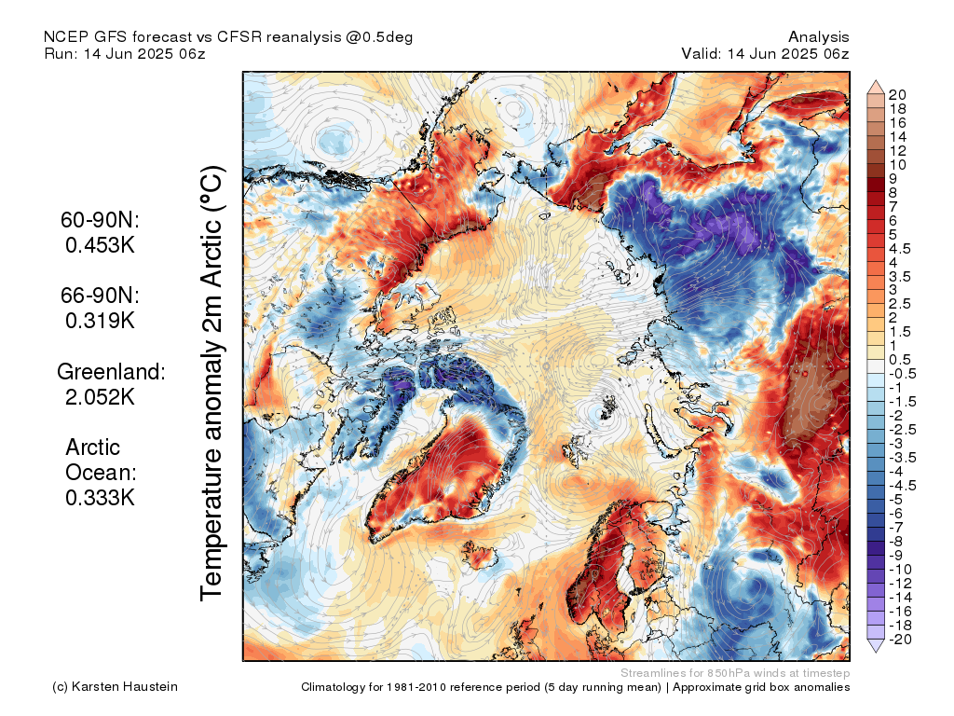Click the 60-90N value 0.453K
coord(100,245)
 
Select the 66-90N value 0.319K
coord(100,321)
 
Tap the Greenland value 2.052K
coord(100,397)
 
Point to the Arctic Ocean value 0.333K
coord(100,498)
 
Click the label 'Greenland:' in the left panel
coord(111,371)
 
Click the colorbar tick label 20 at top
coord(897,95)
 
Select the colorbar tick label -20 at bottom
coord(900,640)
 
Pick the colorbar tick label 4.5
coord(900,249)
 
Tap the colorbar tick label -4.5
coord(902,486)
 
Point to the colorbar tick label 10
coord(897,165)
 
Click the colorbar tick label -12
coord(901,584)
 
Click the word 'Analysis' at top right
coord(819,37)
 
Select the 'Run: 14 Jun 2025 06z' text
coord(125,53)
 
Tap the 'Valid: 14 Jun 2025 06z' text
coord(765,53)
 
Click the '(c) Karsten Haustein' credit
coord(115,687)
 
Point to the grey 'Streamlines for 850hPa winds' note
coord(735,673)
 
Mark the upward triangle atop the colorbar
coord(876,87)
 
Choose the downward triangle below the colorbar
coord(876,646)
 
